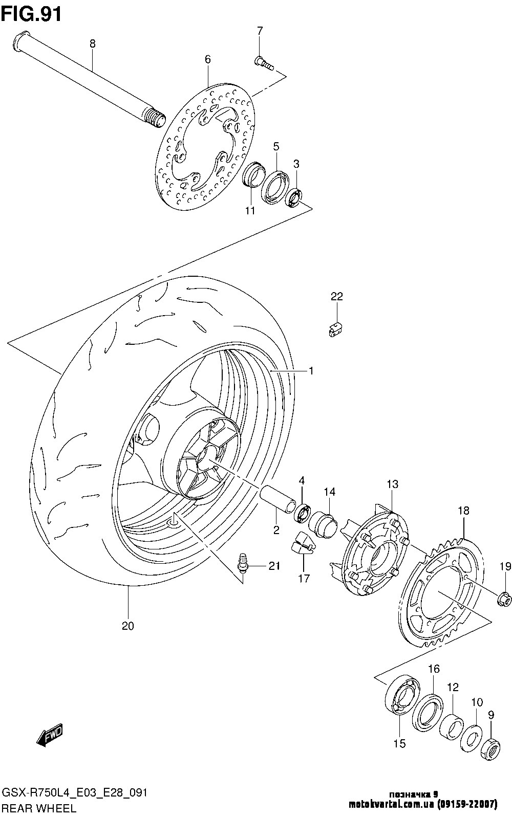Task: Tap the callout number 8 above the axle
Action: click(x=93, y=44)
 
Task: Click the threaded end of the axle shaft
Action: click(x=155, y=118)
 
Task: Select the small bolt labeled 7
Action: click(x=264, y=63)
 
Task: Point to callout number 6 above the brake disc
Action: click(x=207, y=59)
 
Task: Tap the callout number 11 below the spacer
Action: click(x=250, y=211)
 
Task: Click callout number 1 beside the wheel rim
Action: click(x=311, y=371)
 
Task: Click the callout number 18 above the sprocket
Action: click(x=463, y=511)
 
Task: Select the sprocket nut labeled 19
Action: click(x=505, y=600)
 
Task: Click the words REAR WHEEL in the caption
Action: click(x=39, y=808)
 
